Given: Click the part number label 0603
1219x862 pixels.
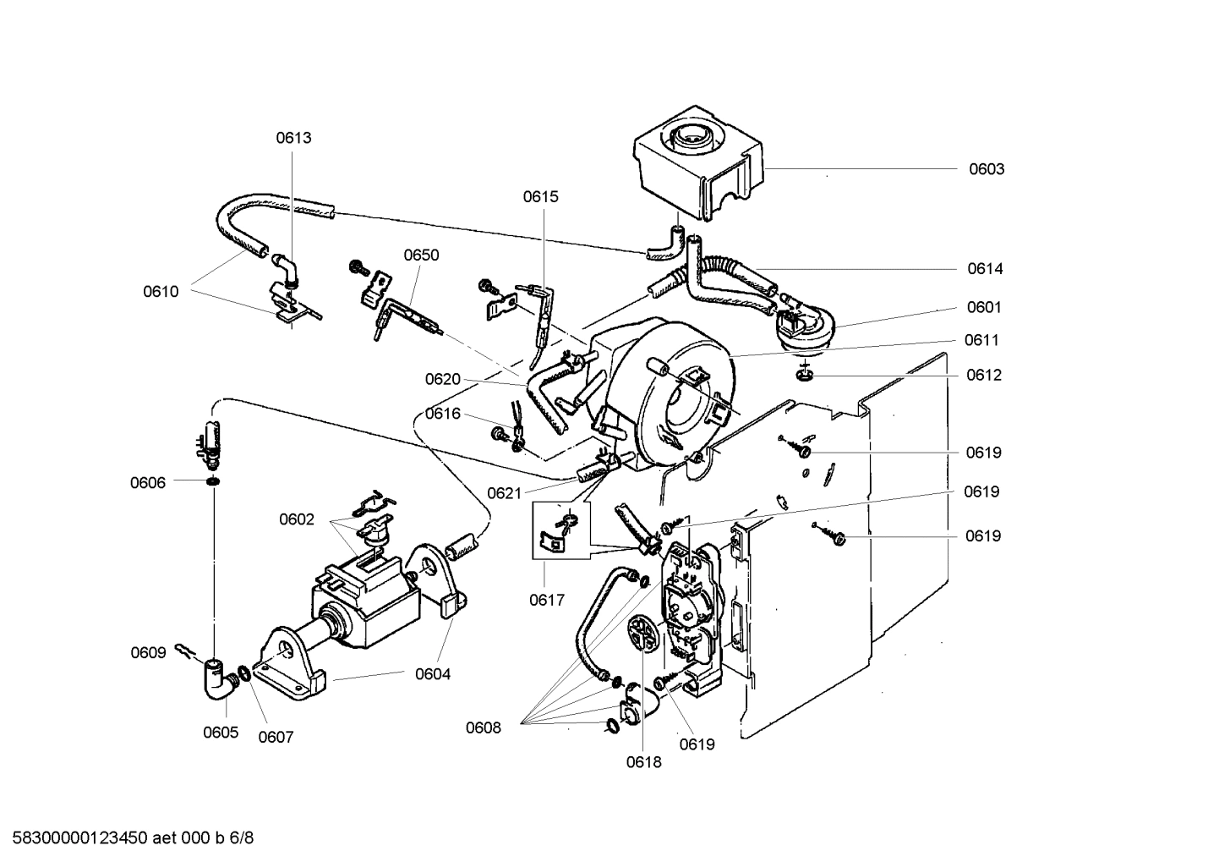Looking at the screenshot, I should pyautogui.click(x=986, y=169).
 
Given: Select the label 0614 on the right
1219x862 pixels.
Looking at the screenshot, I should pyautogui.click(x=985, y=269).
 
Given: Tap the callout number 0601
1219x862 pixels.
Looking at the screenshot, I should pyautogui.click(x=984, y=308).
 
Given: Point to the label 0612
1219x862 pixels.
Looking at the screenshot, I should pyautogui.click(x=984, y=376).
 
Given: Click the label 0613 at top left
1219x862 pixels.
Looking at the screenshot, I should pyautogui.click(x=293, y=138).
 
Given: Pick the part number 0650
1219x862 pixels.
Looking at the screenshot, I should pyautogui.click(x=421, y=255).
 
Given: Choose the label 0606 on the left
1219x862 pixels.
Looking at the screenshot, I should pyautogui.click(x=147, y=483).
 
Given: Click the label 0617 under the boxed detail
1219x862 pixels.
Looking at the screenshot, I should pyautogui.click(x=547, y=601).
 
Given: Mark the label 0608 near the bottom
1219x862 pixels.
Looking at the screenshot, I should pyautogui.click(x=483, y=727).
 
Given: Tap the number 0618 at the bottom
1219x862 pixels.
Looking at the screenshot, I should pyautogui.click(x=643, y=762).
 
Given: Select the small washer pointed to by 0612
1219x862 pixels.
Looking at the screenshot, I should pyautogui.click(x=805, y=375).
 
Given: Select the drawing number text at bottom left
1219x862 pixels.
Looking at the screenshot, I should pyautogui.click(x=128, y=838).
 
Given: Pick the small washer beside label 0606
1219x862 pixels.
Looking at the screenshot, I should pyautogui.click(x=212, y=482).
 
